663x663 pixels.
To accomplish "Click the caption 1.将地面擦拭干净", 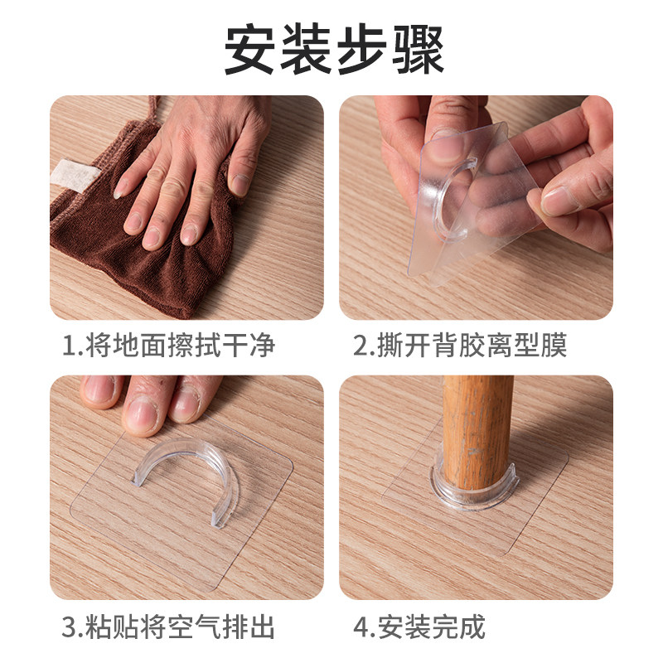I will point(167,345).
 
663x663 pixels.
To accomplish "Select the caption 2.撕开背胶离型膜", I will point(460,345).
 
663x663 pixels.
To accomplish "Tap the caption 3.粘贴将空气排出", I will point(167,626).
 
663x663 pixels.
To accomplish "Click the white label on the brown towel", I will point(74,174).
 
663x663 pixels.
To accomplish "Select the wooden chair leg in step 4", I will point(477,431).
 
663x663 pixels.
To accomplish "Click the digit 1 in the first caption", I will point(69,345).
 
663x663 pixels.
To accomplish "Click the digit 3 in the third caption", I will point(69,627).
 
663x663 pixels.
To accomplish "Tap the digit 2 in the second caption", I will point(361,345).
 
